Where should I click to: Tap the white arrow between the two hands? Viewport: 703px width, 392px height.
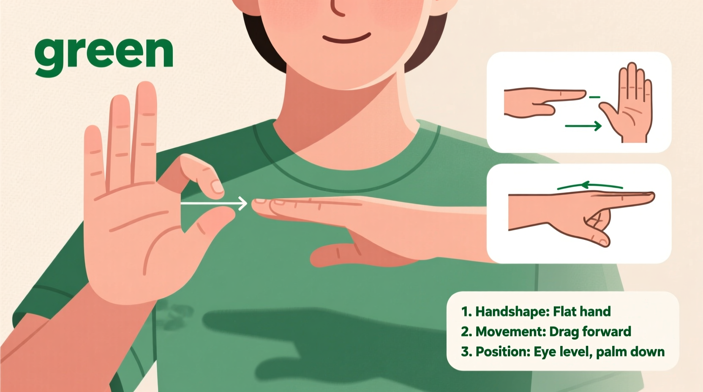(214, 204)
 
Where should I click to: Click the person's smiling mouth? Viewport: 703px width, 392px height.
(346, 39)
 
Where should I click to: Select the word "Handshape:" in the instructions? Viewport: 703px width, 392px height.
(512, 312)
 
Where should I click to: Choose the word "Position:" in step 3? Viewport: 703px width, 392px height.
(503, 352)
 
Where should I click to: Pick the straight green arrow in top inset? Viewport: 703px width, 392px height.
(583, 126)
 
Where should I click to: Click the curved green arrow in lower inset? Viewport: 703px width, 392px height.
(590, 186)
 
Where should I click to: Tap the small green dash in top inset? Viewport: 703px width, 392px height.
(594, 97)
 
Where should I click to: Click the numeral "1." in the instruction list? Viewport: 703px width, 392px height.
(466, 312)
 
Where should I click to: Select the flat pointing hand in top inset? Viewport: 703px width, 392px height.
(541, 101)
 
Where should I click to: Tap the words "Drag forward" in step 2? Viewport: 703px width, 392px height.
(596, 332)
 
